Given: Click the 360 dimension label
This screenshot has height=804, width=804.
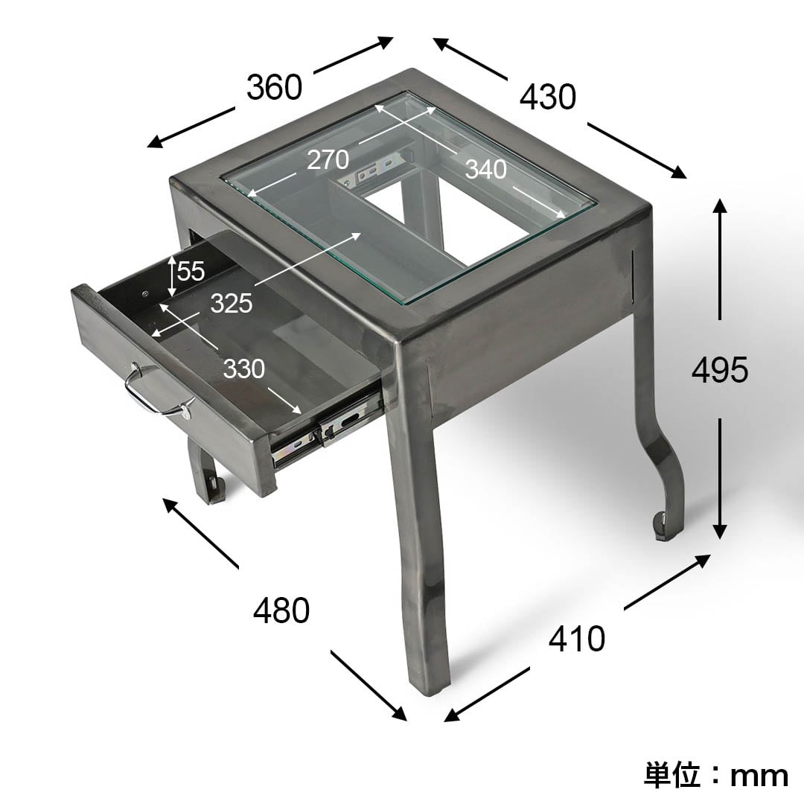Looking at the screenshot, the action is (274, 87).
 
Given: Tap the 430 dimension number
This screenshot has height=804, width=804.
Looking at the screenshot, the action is (548, 97).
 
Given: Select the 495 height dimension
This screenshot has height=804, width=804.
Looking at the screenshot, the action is (720, 370).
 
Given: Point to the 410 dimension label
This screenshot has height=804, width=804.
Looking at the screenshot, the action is (577, 639).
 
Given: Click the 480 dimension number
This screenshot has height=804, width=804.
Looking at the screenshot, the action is (281, 610).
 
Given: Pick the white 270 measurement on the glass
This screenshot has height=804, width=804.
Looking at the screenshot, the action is (328, 160).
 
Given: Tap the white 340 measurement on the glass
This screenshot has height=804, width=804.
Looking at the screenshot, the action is (486, 169).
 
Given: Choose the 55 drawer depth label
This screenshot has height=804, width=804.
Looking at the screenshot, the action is (191, 271).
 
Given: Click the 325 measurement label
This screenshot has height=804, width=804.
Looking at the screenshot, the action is (232, 303).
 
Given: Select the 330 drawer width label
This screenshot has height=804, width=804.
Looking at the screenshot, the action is (244, 368).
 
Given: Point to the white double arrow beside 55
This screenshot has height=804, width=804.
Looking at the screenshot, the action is (172, 277).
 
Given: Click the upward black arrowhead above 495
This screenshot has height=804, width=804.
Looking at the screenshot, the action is (720, 206).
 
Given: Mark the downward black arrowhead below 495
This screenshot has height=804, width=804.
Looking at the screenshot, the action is (720, 532).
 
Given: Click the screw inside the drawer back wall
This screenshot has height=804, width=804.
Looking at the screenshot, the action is (146, 293).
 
